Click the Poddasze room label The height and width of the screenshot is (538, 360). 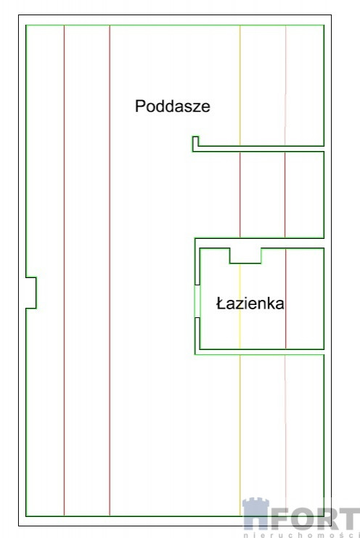point(173,106)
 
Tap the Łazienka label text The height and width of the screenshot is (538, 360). point(250,303)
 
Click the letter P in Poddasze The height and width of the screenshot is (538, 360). point(140,106)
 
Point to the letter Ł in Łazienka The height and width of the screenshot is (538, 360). point(220,303)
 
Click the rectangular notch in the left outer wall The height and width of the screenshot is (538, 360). point(31,293)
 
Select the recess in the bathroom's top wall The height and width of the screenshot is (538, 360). point(245,256)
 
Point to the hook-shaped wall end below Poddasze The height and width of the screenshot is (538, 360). point(195,144)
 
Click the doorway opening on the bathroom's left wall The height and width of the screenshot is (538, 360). point(197,301)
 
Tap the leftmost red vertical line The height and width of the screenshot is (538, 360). point(64,270)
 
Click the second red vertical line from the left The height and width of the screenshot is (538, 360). point(110,270)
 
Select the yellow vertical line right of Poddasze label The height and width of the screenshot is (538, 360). point(240,86)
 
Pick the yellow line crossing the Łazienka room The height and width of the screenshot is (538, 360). point(240,306)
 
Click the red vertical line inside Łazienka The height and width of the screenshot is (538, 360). point(285,298)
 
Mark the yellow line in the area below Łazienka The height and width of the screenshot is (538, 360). point(240,435)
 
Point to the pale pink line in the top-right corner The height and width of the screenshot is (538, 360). point(285,86)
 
